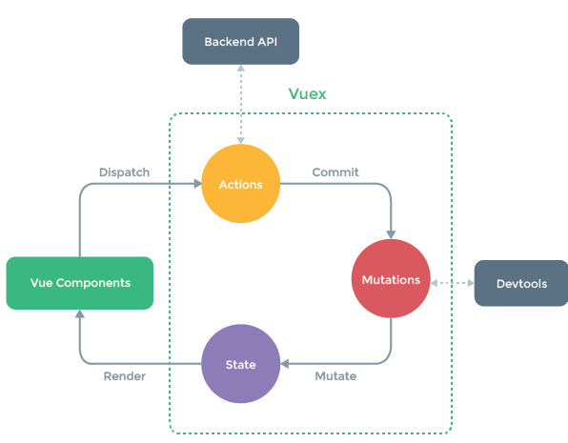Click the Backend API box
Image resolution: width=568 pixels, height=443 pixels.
[240, 42]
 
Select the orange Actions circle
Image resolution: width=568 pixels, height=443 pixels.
[240, 184]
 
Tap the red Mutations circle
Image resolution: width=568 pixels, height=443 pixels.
[391, 280]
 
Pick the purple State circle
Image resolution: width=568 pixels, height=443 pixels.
[240, 364]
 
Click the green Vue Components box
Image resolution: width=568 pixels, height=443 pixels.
[80, 283]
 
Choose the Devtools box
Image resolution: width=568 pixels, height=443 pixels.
[520, 283]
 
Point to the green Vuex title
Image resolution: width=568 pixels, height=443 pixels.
[309, 95]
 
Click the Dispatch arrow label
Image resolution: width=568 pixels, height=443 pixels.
[124, 172]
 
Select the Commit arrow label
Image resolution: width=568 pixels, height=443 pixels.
[335, 172]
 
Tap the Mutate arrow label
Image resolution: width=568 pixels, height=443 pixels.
[335, 376]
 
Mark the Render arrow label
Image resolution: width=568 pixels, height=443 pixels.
[124, 376]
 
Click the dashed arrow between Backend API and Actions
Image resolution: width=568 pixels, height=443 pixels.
[241, 105]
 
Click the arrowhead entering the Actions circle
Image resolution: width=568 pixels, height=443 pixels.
[194, 184]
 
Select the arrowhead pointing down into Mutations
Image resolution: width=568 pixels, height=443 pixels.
[391, 233]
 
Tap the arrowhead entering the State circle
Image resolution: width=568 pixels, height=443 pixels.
[286, 364]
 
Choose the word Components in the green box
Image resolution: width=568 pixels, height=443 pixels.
[94, 283]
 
